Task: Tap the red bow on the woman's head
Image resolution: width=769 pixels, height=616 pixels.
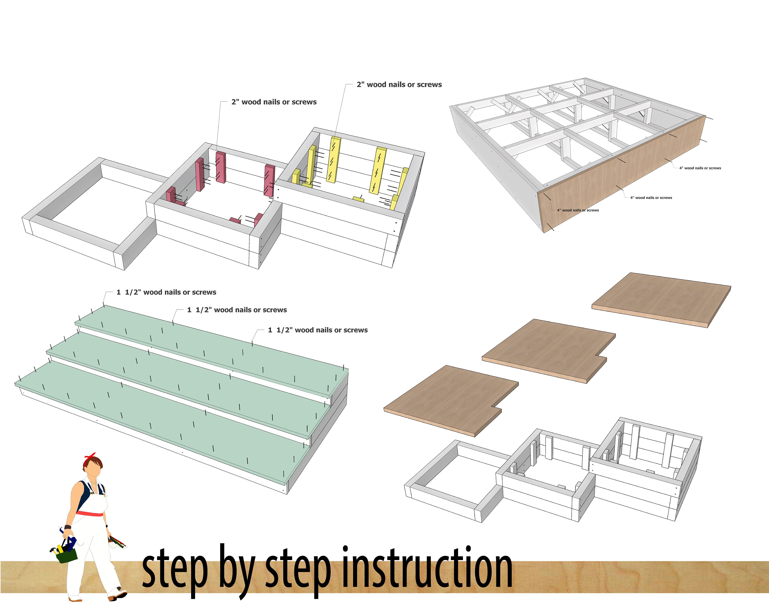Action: click(90, 457)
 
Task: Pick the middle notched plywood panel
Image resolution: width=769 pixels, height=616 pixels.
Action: click(546, 350)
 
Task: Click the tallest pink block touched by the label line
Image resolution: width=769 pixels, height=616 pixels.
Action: click(221, 167)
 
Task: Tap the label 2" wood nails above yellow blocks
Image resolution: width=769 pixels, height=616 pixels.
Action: click(399, 85)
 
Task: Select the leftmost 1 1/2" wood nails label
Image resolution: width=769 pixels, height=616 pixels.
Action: click(166, 292)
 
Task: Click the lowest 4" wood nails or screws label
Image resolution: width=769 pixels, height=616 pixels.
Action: click(578, 210)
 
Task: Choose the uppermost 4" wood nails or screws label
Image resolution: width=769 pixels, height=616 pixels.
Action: click(700, 168)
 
